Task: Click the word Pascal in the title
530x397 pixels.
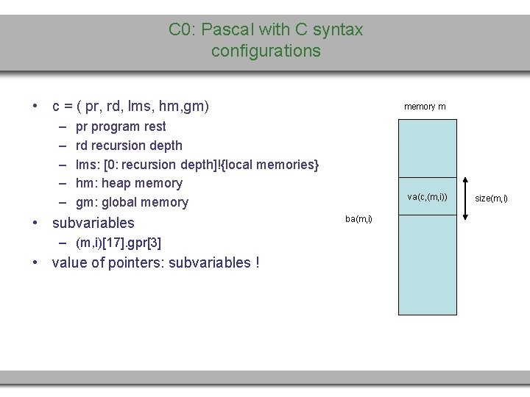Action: tap(225, 30)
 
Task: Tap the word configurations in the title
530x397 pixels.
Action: tap(266, 51)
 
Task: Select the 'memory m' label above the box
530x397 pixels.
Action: tap(425, 107)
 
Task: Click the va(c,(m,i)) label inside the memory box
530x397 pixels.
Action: tap(428, 197)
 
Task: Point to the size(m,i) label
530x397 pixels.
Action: tap(491, 198)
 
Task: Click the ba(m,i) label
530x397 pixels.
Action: tap(358, 218)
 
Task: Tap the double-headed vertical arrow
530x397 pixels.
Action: tap(465, 198)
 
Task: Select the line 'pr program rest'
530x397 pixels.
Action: tap(121, 126)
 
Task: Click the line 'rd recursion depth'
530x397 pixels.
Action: tap(129, 146)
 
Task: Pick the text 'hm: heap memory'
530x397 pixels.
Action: tap(129, 183)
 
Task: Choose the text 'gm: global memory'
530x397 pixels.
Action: tap(132, 202)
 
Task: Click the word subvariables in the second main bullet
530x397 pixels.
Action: tap(93, 223)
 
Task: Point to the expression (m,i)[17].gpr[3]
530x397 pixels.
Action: tap(119, 243)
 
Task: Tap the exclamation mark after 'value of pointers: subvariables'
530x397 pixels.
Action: tap(256, 263)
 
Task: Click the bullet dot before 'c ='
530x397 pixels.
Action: tap(35, 107)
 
